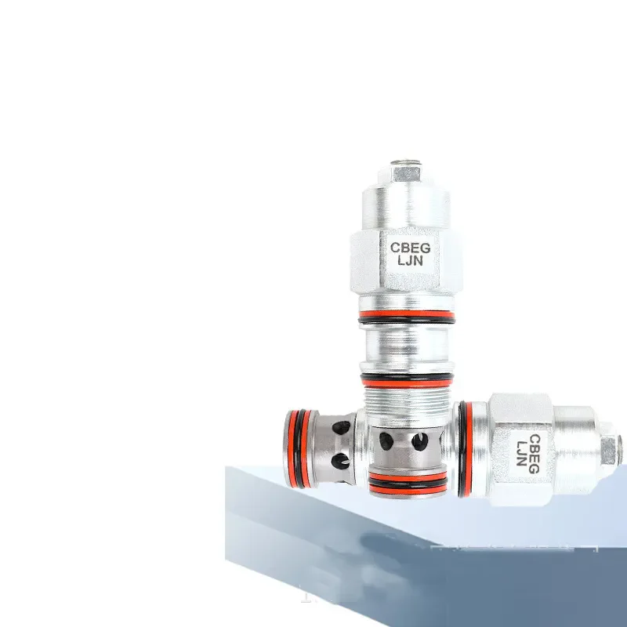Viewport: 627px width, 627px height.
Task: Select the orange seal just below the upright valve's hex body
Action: (x=405, y=319)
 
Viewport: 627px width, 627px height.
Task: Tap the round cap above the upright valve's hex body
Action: (x=406, y=205)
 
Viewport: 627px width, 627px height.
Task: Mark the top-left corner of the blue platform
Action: (x=227, y=468)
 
